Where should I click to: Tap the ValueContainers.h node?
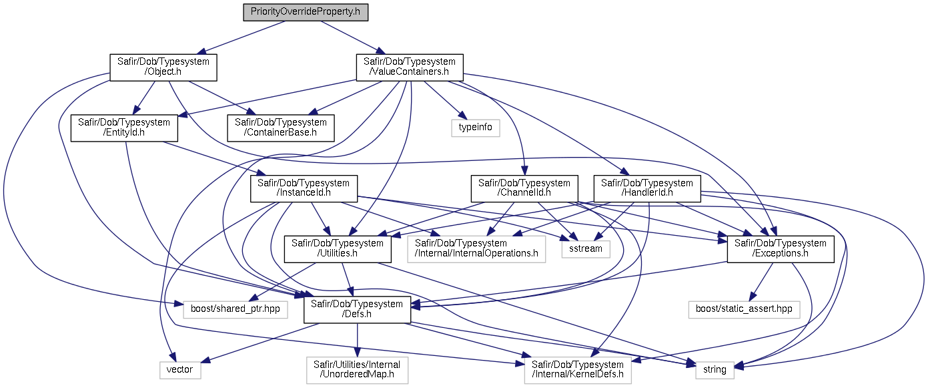(409, 67)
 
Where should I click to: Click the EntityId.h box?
(125, 128)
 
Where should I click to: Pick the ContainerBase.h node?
(281, 128)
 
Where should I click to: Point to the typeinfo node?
(475, 128)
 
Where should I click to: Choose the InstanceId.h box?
(304, 188)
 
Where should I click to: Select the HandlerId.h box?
(647, 188)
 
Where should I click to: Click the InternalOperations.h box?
(476, 249)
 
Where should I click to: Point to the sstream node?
(586, 249)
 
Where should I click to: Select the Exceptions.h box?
(780, 249)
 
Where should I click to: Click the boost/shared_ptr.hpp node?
(236, 309)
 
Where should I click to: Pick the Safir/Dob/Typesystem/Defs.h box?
(357, 309)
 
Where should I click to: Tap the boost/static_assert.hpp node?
(743, 309)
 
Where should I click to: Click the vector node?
(179, 369)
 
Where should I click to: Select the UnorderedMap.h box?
(357, 369)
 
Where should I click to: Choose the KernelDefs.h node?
(578, 369)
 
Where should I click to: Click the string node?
(715, 369)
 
